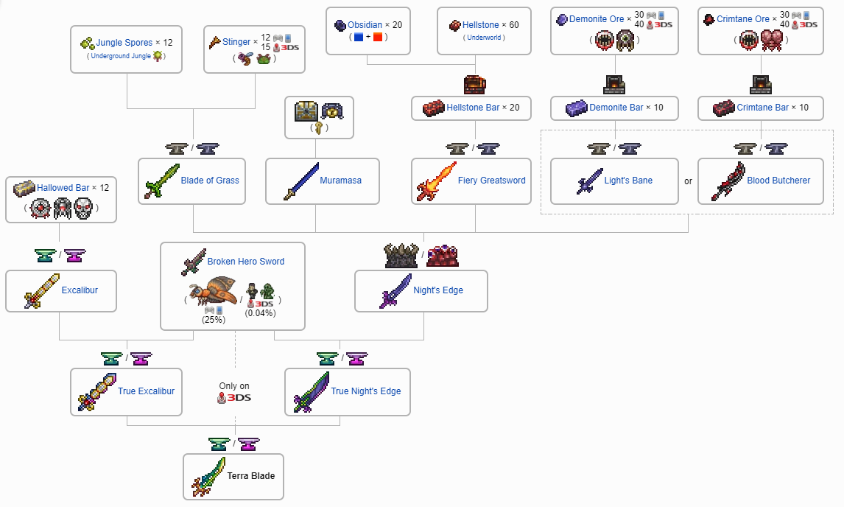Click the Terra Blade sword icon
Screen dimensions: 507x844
pos(208,477)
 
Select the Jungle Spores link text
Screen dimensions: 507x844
pos(124,43)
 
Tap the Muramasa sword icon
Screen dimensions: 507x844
pos(300,181)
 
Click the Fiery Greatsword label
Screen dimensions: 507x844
pos(492,181)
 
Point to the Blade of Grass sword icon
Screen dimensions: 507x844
pos(158,181)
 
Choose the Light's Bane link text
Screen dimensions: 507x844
pos(628,181)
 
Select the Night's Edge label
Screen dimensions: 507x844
pos(438,290)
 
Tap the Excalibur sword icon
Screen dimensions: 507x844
pos(41,290)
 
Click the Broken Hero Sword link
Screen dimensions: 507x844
pos(245,262)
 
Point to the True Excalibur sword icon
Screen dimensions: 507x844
pos(96,391)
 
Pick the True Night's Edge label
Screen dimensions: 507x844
pos(366,391)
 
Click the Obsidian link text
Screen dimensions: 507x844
pos(364,25)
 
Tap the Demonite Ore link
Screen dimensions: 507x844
pos(596,19)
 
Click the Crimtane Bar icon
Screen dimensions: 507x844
pos(725,108)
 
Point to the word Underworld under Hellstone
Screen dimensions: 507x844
pos(484,38)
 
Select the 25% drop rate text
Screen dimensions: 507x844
pos(214,320)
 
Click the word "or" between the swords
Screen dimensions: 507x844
pos(688,181)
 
